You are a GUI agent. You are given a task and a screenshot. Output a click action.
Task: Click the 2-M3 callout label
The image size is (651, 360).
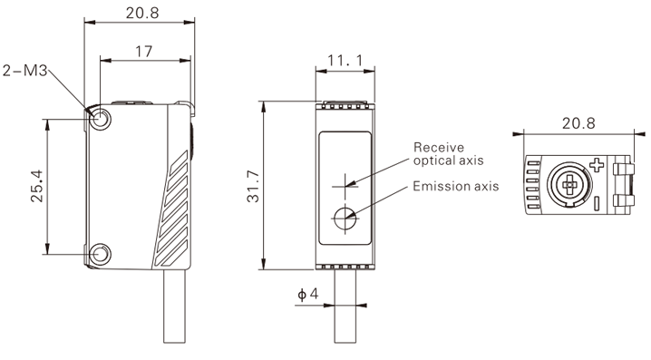(24, 71)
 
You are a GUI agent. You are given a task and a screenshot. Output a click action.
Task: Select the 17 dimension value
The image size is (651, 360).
(144, 52)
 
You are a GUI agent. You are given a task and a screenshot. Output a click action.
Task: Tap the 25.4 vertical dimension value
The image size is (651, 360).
(37, 186)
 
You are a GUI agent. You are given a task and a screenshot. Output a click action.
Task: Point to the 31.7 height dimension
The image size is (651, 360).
(253, 187)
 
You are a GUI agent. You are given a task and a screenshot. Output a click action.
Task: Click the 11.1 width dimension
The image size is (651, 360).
(345, 61)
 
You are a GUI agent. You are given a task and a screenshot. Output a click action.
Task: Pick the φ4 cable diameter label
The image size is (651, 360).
(308, 294)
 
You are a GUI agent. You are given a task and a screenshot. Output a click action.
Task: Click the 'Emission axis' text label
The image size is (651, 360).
(456, 186)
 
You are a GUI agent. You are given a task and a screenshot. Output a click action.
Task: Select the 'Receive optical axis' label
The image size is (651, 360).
(449, 153)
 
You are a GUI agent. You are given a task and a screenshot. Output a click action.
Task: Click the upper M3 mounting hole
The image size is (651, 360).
(100, 119)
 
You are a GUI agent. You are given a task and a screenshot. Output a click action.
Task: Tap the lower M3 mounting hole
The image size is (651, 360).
(100, 254)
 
